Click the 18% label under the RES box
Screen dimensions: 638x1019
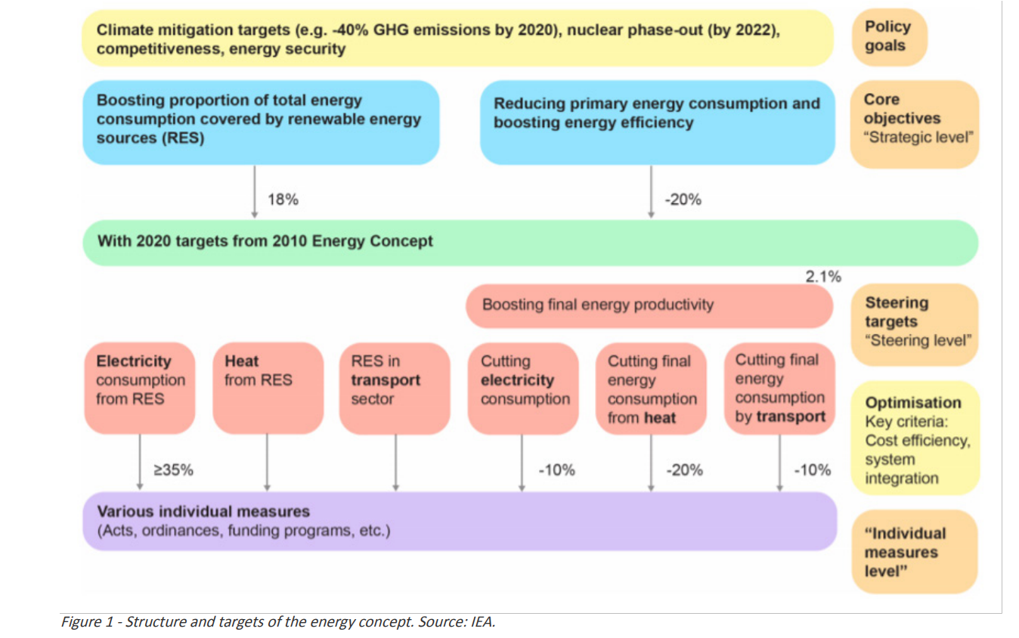283,200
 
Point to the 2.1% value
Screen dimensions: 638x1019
823,277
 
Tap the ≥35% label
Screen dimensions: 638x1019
173,469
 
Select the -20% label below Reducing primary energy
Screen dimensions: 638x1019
683,200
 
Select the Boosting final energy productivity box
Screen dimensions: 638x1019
650,305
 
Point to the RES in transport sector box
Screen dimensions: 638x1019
395,387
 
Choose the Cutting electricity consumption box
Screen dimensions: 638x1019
522,387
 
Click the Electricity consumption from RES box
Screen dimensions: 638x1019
140,387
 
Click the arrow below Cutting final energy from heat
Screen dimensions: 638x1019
651,463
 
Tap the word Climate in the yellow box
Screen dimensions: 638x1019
124,31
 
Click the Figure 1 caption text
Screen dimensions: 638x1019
277,623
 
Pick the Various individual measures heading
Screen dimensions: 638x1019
203,512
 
